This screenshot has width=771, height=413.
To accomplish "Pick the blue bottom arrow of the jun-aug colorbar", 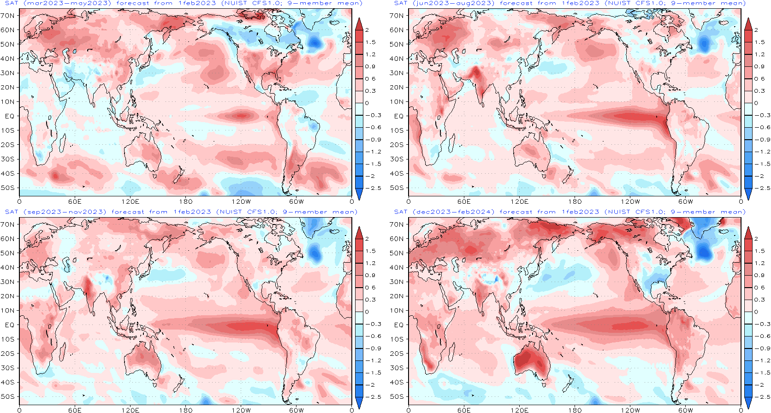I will tap(748, 194).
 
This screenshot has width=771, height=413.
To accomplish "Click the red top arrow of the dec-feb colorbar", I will tap(748, 233).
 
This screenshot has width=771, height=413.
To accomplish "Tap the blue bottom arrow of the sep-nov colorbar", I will tap(359, 402).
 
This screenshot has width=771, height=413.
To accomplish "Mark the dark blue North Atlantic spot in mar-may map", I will tap(314, 42).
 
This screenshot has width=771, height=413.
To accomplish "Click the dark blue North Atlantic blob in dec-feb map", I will tap(704, 251).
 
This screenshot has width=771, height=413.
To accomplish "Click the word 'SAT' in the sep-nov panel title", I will tap(12, 212).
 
